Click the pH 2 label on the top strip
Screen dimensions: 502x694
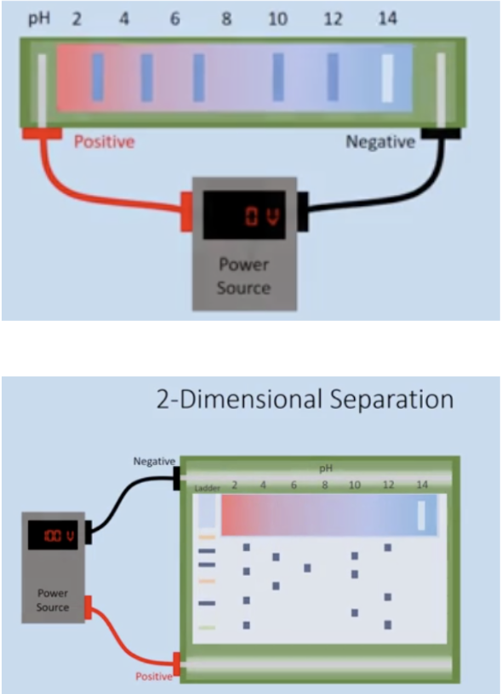coord(77,20)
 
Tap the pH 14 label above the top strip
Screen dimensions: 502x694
coord(388,19)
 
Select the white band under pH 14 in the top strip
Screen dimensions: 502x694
coord(388,78)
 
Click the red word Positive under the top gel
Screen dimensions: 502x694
coord(104,142)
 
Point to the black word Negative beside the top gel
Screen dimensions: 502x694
coord(380,142)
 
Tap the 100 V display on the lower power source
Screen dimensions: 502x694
coord(59,536)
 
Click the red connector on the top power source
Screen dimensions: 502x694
coord(186,212)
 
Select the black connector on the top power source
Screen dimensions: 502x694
coord(303,212)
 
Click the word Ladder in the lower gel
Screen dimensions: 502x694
coord(207,488)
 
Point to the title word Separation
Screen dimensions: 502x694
coord(391,399)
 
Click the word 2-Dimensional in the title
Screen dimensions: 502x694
coord(241,399)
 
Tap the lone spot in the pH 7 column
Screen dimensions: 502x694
coord(307,568)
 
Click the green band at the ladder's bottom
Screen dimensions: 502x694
coord(207,628)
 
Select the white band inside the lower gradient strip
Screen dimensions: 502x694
coord(421,515)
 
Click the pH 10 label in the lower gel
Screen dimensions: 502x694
coord(355,485)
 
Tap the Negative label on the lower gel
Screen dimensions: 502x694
coord(154,461)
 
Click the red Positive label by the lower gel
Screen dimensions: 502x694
coord(154,676)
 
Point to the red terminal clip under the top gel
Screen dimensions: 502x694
coord(42,133)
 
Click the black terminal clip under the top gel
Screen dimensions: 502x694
coord(441,133)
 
